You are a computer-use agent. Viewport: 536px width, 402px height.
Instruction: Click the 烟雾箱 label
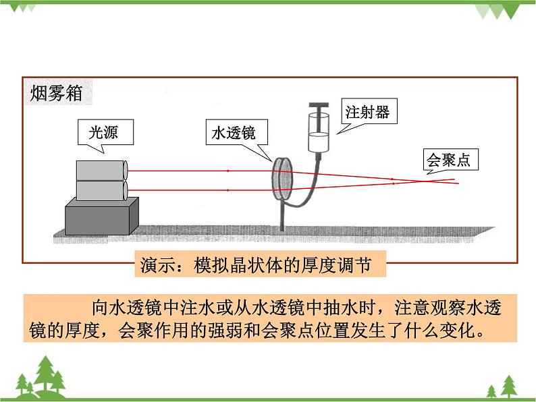click(x=57, y=94)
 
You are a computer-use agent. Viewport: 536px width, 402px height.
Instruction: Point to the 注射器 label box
click(x=367, y=111)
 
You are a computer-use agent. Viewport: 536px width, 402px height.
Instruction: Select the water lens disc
click(x=281, y=179)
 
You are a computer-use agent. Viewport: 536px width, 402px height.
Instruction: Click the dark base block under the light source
click(x=101, y=215)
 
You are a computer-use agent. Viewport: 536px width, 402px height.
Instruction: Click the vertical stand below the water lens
click(x=282, y=217)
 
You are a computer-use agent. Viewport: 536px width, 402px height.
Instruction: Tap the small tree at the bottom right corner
click(x=492, y=391)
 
